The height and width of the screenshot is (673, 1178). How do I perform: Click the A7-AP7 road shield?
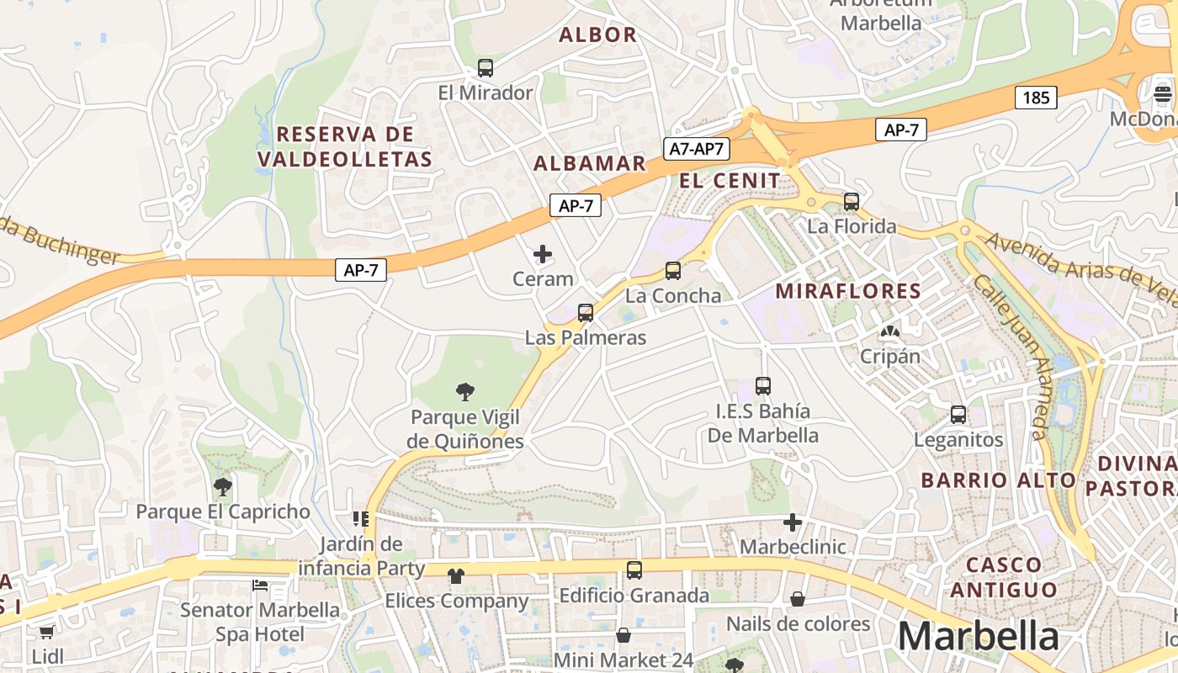pyautogui.click(x=696, y=149)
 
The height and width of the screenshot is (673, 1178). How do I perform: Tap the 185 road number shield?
pyautogui.click(x=1036, y=98)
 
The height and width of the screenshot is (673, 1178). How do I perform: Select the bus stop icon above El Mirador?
pyautogui.click(x=486, y=68)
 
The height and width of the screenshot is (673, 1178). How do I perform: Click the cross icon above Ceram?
pyautogui.click(x=543, y=253)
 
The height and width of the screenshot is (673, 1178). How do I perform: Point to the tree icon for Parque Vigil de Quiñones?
pyautogui.click(x=464, y=391)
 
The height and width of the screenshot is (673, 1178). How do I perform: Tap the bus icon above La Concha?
pyautogui.click(x=672, y=271)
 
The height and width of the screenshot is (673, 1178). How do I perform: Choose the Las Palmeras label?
pyautogui.click(x=586, y=338)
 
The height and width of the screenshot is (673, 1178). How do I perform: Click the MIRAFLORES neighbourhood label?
pyautogui.click(x=847, y=291)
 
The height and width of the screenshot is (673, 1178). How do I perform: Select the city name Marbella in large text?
pyautogui.click(x=978, y=637)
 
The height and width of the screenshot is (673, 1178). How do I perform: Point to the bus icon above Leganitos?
pyautogui.click(x=958, y=414)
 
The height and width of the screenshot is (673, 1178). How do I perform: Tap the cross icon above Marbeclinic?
pyautogui.click(x=792, y=522)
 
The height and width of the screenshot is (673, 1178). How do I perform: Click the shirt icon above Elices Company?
pyautogui.click(x=455, y=576)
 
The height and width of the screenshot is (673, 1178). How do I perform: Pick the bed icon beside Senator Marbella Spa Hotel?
pyautogui.click(x=260, y=586)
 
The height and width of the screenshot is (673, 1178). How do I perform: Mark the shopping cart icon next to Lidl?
pyautogui.click(x=46, y=632)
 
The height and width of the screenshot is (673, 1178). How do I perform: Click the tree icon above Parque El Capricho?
pyautogui.click(x=222, y=485)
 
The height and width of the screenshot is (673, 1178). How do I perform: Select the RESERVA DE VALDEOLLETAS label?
pyautogui.click(x=345, y=146)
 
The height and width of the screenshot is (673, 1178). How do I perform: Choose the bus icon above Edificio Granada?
pyautogui.click(x=634, y=570)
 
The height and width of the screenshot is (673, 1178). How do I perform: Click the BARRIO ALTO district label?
pyautogui.click(x=998, y=480)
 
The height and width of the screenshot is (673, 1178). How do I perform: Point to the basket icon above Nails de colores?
pyautogui.click(x=797, y=599)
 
